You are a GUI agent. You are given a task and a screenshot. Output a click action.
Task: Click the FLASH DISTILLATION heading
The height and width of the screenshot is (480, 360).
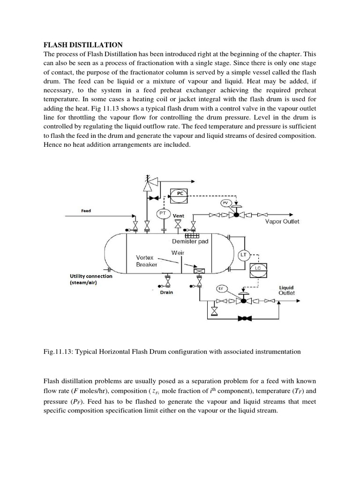(x=83, y=45)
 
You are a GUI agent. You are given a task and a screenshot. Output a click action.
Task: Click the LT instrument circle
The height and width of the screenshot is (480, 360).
(x=244, y=255)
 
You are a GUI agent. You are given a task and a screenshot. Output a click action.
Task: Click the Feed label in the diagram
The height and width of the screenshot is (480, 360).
(x=86, y=211)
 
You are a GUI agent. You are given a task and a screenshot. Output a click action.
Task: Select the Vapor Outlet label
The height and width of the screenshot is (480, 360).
(x=282, y=221)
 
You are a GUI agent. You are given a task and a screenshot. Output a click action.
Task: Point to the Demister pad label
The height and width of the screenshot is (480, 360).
(x=190, y=241)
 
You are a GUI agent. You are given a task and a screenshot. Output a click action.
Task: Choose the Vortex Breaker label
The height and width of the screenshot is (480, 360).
(x=147, y=261)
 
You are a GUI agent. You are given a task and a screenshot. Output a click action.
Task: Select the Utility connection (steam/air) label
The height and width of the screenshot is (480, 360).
(x=91, y=279)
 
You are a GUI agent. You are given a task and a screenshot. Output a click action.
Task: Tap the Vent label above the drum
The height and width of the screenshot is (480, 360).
(x=178, y=216)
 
